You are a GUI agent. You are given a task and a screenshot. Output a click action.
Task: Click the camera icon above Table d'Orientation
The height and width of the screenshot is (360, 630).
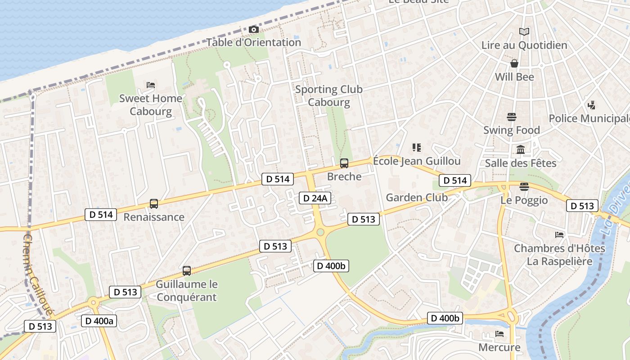(254, 30)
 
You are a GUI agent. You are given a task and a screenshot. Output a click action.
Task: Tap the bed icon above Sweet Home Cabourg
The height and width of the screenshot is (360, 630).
(151, 85)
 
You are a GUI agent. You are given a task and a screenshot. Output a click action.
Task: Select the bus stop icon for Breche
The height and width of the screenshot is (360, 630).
(344, 163)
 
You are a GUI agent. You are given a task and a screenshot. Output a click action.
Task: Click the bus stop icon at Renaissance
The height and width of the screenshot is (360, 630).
(154, 204)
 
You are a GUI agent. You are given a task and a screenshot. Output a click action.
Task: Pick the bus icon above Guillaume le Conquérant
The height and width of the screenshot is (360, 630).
(187, 271)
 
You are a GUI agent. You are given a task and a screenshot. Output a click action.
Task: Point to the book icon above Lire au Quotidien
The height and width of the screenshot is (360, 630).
(524, 31)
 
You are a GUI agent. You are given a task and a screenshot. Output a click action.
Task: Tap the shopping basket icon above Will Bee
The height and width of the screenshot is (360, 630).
(514, 63)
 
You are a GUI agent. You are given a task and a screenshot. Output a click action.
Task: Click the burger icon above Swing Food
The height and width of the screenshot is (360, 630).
(511, 117)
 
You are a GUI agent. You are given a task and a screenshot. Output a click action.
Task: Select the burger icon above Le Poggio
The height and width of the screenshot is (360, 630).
(524, 187)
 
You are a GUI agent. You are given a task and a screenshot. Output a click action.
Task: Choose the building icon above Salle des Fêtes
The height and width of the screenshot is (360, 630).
(521, 149)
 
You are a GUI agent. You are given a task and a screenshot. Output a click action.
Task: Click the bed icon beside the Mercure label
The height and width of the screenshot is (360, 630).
(499, 334)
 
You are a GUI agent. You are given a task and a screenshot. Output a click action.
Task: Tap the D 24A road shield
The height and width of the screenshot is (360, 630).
(315, 198)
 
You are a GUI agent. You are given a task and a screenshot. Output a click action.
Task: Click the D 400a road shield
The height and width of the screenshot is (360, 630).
(99, 321)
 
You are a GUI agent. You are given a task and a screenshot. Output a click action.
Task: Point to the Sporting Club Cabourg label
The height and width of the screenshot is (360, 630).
(329, 96)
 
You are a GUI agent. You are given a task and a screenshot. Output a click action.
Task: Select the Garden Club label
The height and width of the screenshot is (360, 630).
(417, 198)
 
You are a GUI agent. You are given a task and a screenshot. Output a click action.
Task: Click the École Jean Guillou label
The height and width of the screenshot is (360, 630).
(417, 161)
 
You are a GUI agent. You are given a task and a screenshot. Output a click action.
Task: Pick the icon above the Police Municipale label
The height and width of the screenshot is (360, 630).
(592, 105)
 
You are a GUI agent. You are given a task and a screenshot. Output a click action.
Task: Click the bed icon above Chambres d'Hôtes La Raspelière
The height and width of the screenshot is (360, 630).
(559, 235)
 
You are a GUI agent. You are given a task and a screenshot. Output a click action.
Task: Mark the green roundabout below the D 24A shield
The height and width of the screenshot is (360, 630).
(320, 232)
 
